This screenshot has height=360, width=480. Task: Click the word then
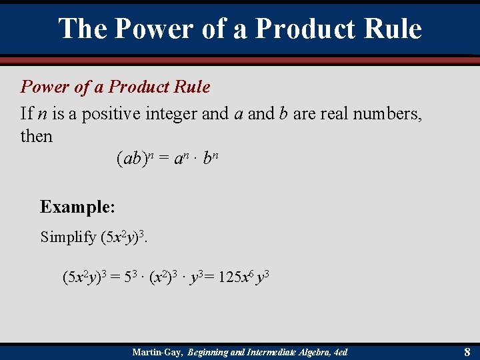point(37,136)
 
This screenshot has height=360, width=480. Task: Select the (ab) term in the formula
point(131,159)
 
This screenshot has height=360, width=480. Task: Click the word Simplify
point(68,237)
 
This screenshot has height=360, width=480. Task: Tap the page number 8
point(467,351)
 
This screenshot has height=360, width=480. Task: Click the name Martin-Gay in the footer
point(158,351)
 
